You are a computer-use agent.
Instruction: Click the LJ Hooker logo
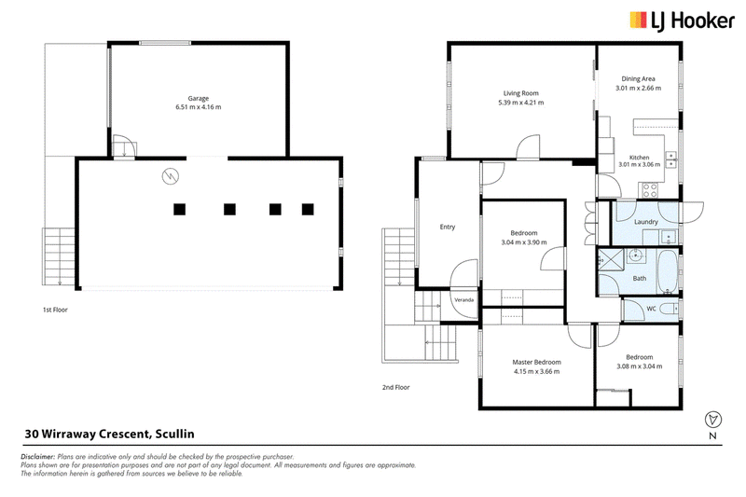click(682, 21)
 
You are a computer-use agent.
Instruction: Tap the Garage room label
click(199, 99)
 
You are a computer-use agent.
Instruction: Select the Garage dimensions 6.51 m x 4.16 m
click(199, 107)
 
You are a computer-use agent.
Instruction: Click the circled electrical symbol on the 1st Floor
click(170, 176)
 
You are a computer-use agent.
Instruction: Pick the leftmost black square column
click(179, 209)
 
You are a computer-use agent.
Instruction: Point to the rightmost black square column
click(308, 209)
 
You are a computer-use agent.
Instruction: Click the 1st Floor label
click(55, 310)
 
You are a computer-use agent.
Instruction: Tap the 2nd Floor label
click(395, 387)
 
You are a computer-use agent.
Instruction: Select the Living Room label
click(521, 93)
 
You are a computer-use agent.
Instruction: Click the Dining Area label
click(638, 79)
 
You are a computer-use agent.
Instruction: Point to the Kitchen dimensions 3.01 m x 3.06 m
click(639, 164)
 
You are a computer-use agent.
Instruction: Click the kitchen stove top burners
click(650, 190)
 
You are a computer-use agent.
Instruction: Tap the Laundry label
click(646, 222)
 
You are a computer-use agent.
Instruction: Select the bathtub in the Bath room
click(667, 271)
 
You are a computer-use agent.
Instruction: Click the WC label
click(651, 309)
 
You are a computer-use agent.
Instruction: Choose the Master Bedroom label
click(537, 362)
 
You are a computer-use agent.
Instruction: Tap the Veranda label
click(463, 299)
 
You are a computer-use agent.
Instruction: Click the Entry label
click(448, 227)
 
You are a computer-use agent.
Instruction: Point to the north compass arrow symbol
click(712, 420)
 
